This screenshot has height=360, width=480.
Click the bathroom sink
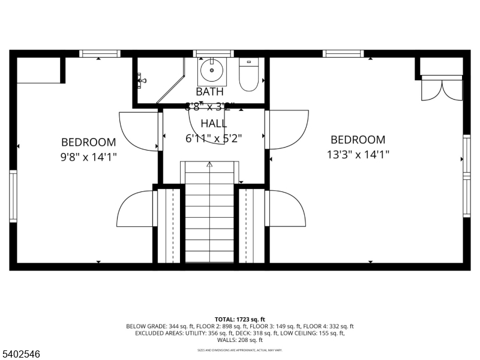pos(212,71)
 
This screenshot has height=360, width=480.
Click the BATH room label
pos(209,92)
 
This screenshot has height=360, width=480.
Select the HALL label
pos(214,124)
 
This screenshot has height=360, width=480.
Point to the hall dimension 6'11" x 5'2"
pos(214,138)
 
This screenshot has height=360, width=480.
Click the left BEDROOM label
pos(88,142)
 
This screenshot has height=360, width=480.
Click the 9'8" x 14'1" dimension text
pos(88,157)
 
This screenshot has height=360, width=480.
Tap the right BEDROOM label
pos(358,140)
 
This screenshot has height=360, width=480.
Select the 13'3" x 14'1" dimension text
pos(358,154)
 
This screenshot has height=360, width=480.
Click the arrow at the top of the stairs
pos(209,164)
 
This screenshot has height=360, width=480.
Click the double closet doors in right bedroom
pos(442,88)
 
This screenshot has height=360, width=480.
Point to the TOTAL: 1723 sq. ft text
pos(240,319)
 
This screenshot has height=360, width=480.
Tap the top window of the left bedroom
pos(100,54)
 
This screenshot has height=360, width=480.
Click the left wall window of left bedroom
pos(13,196)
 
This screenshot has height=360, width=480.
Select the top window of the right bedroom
pos(343,54)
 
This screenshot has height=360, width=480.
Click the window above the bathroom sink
pos(213,54)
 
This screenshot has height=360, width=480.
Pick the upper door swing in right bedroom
pos(289,128)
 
